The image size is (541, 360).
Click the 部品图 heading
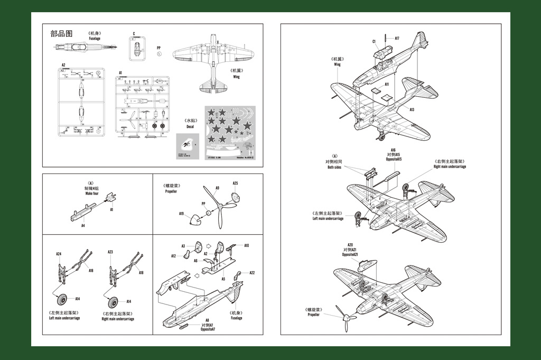point(61,34)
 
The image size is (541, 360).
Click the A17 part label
point(396,38)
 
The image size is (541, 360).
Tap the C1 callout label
point(374,41)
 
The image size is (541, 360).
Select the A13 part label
point(412,109)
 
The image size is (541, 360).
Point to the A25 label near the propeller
point(235,183)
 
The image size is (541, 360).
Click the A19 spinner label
point(181,214)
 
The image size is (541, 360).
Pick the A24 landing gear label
point(59,254)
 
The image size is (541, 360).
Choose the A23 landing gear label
point(110,252)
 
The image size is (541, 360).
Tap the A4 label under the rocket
point(83,225)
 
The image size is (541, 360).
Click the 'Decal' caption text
point(190,127)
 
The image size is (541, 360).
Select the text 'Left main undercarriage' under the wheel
point(64,318)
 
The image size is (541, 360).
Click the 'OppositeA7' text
point(208,329)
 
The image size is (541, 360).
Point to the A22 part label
point(252,273)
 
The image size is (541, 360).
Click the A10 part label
point(246,246)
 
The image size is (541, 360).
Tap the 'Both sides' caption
point(334,168)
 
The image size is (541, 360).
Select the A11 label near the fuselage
point(387,84)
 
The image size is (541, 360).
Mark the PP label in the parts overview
point(158,48)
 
